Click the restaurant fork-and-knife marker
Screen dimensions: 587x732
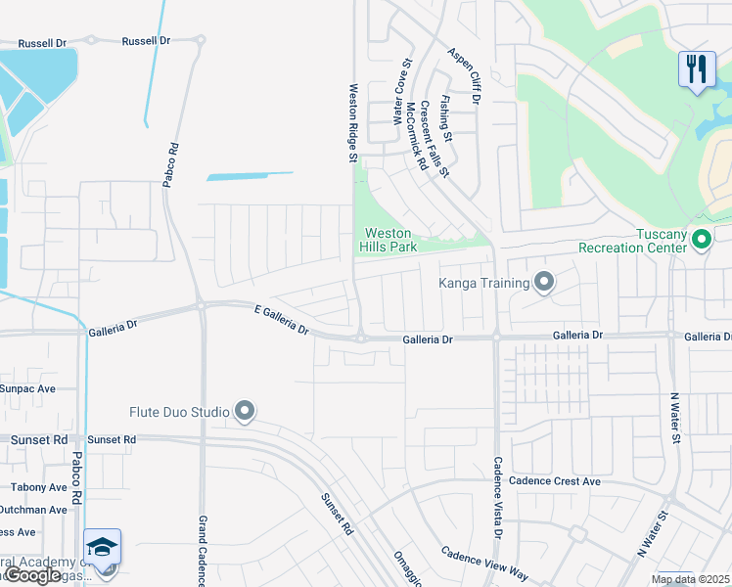[x=696, y=68]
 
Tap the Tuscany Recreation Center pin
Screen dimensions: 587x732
[x=701, y=239]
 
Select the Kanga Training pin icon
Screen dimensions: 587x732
[x=545, y=284]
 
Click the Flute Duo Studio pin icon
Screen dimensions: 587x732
[x=245, y=411]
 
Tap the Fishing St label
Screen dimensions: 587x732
[x=446, y=113]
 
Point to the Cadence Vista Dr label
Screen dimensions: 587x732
[x=497, y=498]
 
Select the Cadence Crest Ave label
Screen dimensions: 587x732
[x=554, y=481]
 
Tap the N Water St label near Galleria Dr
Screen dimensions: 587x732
[x=674, y=418]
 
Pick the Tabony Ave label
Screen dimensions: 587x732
[x=39, y=486]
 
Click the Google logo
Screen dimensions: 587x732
[x=33, y=575]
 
